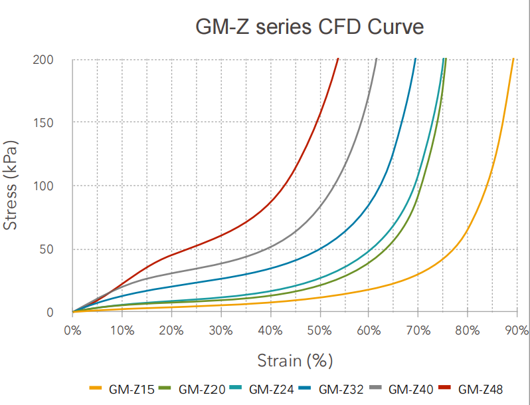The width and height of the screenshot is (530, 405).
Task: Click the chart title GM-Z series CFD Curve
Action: pos(309,27)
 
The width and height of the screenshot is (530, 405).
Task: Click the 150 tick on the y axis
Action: pos(44,123)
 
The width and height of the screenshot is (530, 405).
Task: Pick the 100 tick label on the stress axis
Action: pos(44,186)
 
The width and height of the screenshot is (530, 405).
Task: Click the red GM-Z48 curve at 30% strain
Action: pos(221,234)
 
